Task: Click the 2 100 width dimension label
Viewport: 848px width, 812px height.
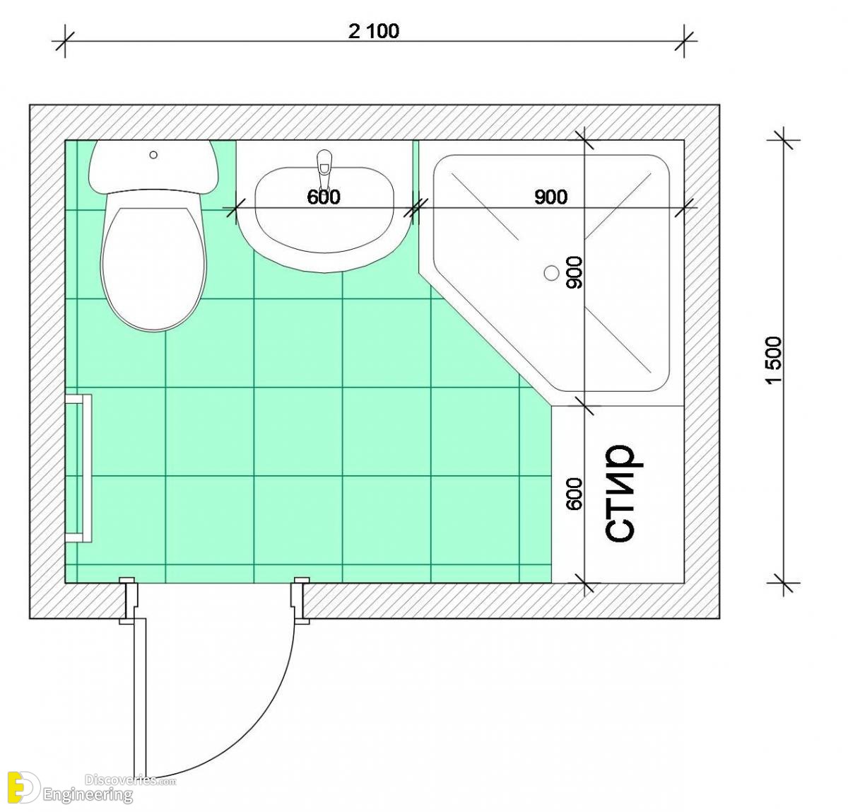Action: pos(374,31)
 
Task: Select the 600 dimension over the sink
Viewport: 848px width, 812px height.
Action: pos(324,197)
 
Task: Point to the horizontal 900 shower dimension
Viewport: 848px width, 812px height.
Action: pos(550,197)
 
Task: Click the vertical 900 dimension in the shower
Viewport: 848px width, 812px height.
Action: pos(575,272)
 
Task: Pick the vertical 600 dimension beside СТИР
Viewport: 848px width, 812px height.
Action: pos(575,494)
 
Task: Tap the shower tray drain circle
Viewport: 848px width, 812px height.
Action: pos(552,273)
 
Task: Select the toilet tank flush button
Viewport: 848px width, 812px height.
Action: pos(153,155)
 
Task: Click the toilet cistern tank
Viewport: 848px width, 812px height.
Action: pos(153,166)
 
